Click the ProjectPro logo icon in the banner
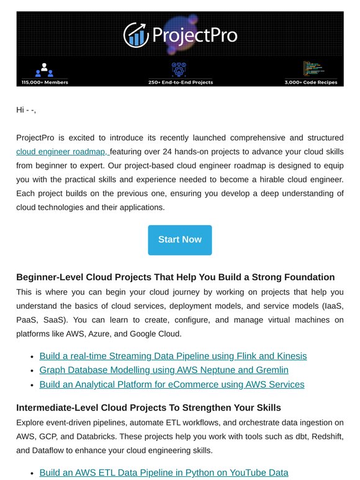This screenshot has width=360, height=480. click(x=135, y=35)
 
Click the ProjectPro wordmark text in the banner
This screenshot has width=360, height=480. click(x=193, y=35)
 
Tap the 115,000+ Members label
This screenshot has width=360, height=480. click(x=45, y=82)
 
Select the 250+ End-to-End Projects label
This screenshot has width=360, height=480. click(x=180, y=82)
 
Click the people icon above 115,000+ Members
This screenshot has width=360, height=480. click(x=45, y=69)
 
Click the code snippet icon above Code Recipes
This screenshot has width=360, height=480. click(x=312, y=68)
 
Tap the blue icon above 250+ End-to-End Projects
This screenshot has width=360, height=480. click(x=180, y=68)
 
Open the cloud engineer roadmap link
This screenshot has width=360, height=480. click(x=62, y=152)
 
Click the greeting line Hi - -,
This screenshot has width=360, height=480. click(x=26, y=110)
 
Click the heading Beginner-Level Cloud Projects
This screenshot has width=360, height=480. click(x=175, y=277)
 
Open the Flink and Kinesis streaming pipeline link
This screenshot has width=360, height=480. click(x=173, y=356)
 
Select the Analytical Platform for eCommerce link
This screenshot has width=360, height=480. click(x=171, y=384)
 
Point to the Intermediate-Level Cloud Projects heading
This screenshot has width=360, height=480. click(x=148, y=407)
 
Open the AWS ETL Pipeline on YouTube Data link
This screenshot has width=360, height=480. click(x=163, y=473)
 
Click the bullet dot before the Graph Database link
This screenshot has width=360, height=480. click(x=32, y=371)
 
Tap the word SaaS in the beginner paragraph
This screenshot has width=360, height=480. click(x=50, y=319)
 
